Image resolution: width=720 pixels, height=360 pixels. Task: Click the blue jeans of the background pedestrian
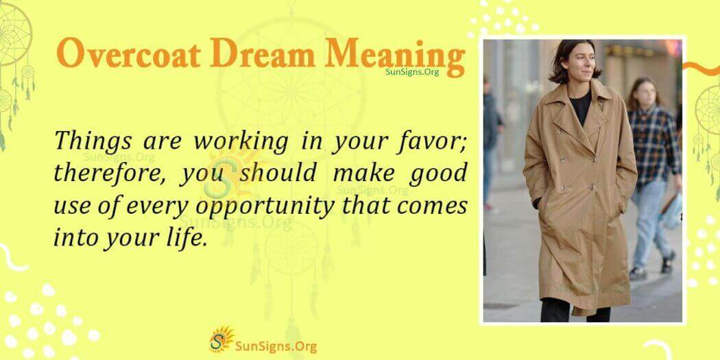pyautogui.click(x=648, y=219)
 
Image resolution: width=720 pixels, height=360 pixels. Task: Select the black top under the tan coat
pyautogui.click(x=581, y=110)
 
